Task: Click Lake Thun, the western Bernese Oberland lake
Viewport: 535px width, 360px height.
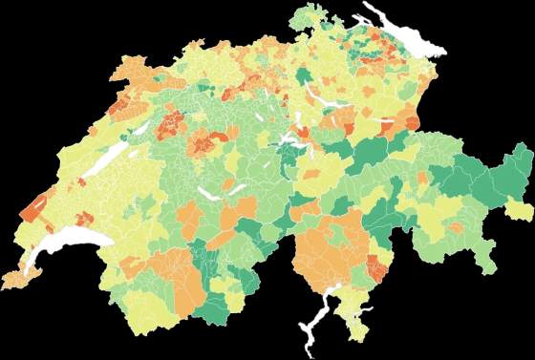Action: click(208, 191)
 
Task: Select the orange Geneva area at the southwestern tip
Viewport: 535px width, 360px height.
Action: click(17, 278)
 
